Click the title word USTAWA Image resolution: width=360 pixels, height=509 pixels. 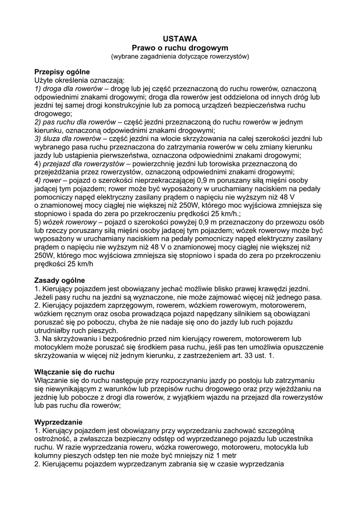(180, 39)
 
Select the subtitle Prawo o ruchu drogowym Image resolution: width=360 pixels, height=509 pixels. (180, 48)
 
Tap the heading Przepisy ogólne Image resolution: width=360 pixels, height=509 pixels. (62, 72)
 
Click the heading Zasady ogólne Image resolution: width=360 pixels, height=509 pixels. (59, 280)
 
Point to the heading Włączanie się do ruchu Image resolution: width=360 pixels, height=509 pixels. (74, 372)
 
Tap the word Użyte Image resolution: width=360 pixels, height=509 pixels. (46, 80)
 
